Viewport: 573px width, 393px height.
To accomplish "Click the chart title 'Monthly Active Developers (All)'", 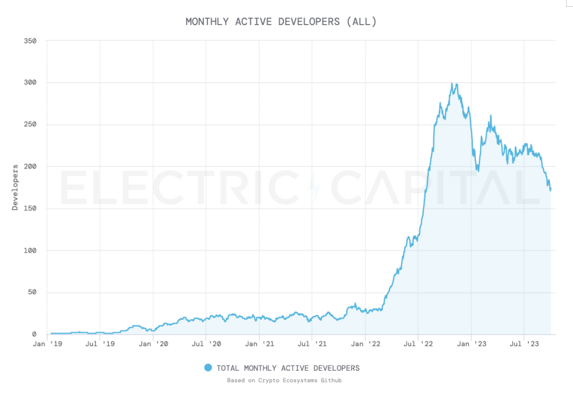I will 281,22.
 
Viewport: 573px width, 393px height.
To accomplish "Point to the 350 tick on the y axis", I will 30,41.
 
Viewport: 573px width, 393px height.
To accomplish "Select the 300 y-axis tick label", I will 30,83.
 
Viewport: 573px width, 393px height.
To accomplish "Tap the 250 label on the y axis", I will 30,125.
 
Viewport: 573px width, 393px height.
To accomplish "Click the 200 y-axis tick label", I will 30,167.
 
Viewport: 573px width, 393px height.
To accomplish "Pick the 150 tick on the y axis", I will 30,208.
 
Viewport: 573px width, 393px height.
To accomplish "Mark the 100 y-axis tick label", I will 30,251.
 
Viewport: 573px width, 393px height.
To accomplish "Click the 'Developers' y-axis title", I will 15,187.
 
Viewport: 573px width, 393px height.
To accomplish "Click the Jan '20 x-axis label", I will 153,344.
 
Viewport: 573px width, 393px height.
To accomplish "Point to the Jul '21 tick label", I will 312,344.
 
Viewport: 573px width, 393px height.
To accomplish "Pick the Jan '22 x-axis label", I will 366,344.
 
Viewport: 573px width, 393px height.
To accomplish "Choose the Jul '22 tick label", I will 418,344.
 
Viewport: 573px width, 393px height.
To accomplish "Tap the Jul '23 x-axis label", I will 524,344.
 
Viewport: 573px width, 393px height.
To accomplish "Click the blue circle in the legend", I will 208,368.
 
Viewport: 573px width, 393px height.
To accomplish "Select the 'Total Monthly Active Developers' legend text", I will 288,368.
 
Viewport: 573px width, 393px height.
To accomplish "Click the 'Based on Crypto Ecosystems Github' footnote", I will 285,380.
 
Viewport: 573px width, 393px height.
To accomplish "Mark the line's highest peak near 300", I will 452,83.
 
